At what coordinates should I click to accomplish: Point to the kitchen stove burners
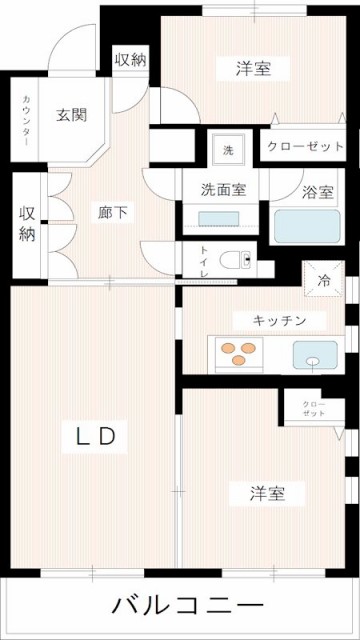239,353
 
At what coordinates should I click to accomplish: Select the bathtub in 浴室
308,225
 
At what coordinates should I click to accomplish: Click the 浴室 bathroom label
318,192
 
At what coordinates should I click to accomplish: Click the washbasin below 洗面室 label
218,219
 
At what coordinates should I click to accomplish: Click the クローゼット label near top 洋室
305,146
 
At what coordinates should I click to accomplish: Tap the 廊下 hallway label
111,212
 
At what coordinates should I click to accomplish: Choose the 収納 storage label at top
130,59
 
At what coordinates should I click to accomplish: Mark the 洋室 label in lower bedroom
268,493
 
